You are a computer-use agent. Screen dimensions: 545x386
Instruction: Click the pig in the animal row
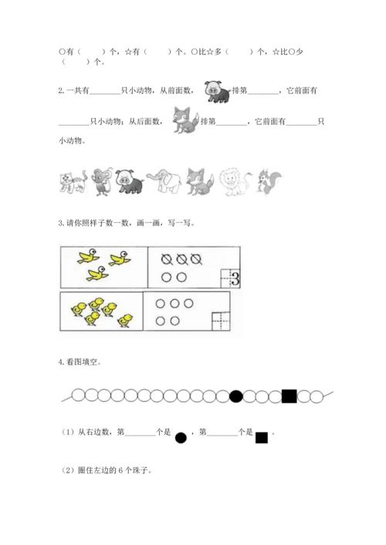pyautogui.click(x=127, y=180)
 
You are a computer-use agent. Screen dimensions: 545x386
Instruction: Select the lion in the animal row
pyautogui.click(x=232, y=180)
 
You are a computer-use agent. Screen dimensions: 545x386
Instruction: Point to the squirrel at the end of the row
pyautogui.click(x=267, y=180)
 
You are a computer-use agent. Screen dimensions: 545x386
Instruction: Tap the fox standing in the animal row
pyautogui.click(x=198, y=180)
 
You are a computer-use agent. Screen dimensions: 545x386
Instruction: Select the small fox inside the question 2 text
pyautogui.click(x=185, y=120)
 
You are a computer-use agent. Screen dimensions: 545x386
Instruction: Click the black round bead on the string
pyautogui.click(x=237, y=396)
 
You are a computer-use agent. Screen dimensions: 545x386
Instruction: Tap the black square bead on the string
pyautogui.click(x=289, y=396)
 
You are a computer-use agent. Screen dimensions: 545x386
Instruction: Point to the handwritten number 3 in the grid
pyautogui.click(x=233, y=278)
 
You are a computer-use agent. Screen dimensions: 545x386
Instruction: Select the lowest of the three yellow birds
pyautogui.click(x=97, y=274)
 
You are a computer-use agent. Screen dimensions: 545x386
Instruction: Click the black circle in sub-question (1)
pyautogui.click(x=181, y=437)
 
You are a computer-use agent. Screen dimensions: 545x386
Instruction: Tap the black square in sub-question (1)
pyautogui.click(x=261, y=437)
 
